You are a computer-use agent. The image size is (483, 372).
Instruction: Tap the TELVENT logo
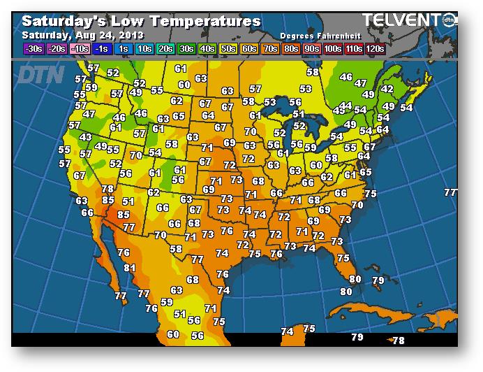click(x=405, y=20)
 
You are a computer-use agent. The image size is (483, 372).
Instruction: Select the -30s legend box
click(x=33, y=48)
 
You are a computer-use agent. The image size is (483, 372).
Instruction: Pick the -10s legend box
click(x=80, y=48)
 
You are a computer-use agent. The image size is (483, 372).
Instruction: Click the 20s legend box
click(x=165, y=48)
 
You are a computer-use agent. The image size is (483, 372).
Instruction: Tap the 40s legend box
click(x=207, y=48)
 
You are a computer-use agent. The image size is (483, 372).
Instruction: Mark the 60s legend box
click(x=249, y=48)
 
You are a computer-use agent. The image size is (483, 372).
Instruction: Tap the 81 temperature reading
click(x=130, y=268)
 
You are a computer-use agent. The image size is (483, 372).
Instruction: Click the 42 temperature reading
click(x=387, y=90)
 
